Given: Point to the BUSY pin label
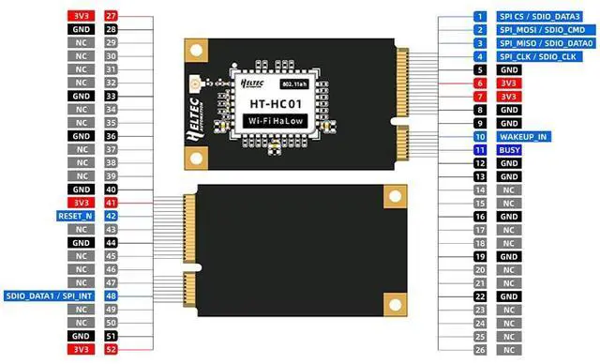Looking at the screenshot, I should pyautogui.click(x=509, y=149).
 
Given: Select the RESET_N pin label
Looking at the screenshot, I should pyautogui.click(x=76, y=216).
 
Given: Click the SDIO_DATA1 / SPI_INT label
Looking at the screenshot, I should pyautogui.click(x=49, y=296).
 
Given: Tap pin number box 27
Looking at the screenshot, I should pyautogui.click(x=112, y=16).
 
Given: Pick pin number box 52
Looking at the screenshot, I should pyautogui.click(x=112, y=349).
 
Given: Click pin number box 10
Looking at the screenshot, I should pyautogui.click(x=479, y=136).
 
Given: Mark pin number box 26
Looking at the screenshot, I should pyautogui.click(x=479, y=349).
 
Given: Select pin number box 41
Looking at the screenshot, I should pyautogui.click(x=112, y=203).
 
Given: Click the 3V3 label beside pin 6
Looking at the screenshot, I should pyautogui.click(x=509, y=83).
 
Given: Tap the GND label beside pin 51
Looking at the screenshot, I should pyautogui.click(x=81, y=335).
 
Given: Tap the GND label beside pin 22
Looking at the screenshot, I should pyautogui.click(x=509, y=296).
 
